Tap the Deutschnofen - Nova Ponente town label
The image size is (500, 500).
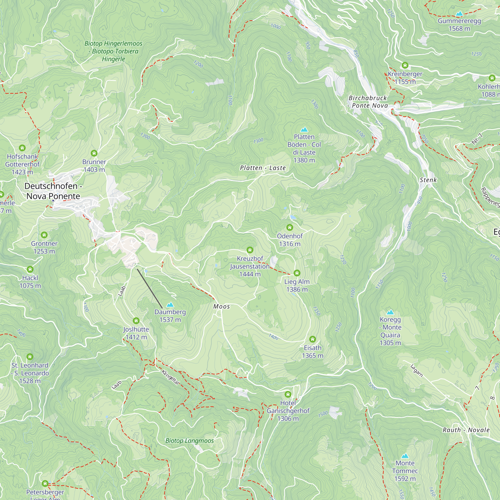click(53, 191)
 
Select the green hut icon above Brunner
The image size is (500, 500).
click(94, 153)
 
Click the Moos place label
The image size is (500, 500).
click(221, 306)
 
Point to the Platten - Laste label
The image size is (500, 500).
click(263, 168)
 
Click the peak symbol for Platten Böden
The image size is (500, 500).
click(304, 129)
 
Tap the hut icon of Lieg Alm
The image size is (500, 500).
click(297, 273)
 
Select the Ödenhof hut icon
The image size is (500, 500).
click(289, 227)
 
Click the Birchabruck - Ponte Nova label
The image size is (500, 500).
click(368, 102)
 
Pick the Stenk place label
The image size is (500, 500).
click(428, 180)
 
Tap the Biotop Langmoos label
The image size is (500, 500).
click(189, 441)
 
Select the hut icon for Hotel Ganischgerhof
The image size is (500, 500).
click(288, 394)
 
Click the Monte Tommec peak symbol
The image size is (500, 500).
click(405, 456)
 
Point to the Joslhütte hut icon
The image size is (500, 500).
click(136, 321)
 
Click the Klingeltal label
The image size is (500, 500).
click(170, 377)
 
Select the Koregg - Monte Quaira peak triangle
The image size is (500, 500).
click(390, 312)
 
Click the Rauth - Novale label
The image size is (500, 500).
click(466, 430)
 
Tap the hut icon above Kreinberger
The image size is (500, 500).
click(405, 65)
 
